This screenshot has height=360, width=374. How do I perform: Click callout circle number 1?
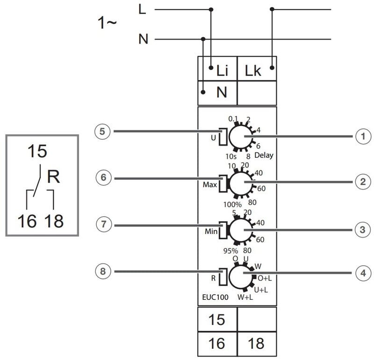tap(360, 136)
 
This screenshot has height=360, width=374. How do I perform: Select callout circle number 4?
tap(360, 273)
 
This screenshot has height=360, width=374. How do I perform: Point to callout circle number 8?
tap(102, 270)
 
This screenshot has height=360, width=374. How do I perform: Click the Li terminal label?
tap(222, 71)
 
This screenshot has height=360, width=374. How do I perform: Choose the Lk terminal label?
tap(253, 71)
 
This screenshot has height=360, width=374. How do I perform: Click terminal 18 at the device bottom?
tap(256, 344)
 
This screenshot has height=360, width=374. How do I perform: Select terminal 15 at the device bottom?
tap(217, 320)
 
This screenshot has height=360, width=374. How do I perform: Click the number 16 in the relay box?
tap(27, 220)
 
